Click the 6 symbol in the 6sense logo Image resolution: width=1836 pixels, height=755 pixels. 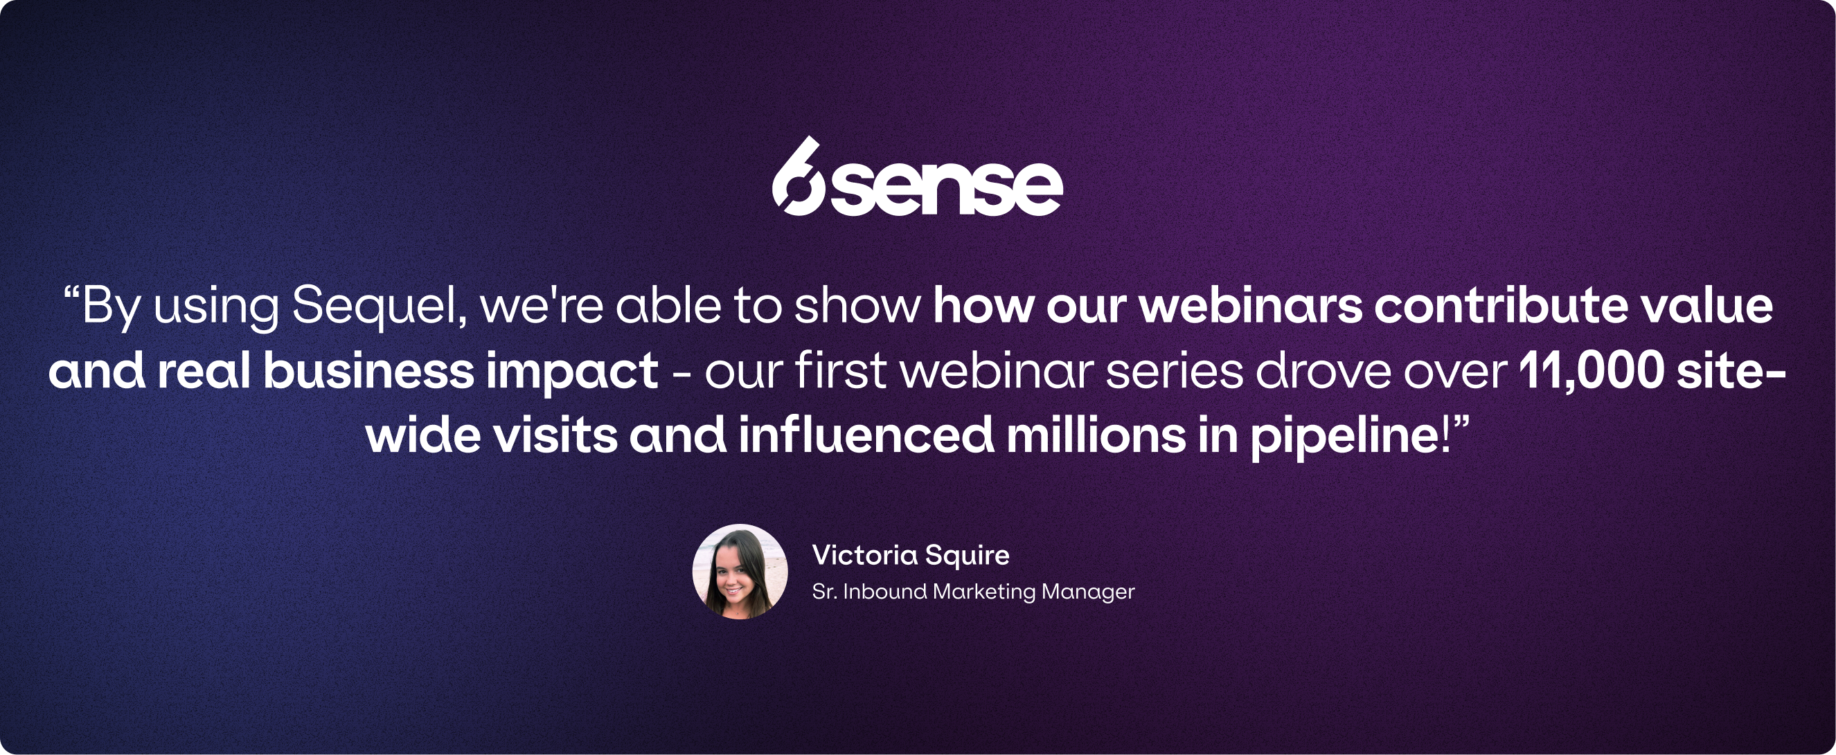[799, 178]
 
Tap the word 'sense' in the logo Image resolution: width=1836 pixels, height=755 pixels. [947, 188]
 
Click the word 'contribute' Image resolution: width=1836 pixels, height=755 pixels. [1501, 307]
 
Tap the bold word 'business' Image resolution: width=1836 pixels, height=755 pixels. [368, 371]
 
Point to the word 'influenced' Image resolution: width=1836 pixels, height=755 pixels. [866, 435]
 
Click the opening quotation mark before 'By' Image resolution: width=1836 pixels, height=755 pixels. [71, 293]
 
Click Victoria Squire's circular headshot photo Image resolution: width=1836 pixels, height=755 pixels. [740, 571]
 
